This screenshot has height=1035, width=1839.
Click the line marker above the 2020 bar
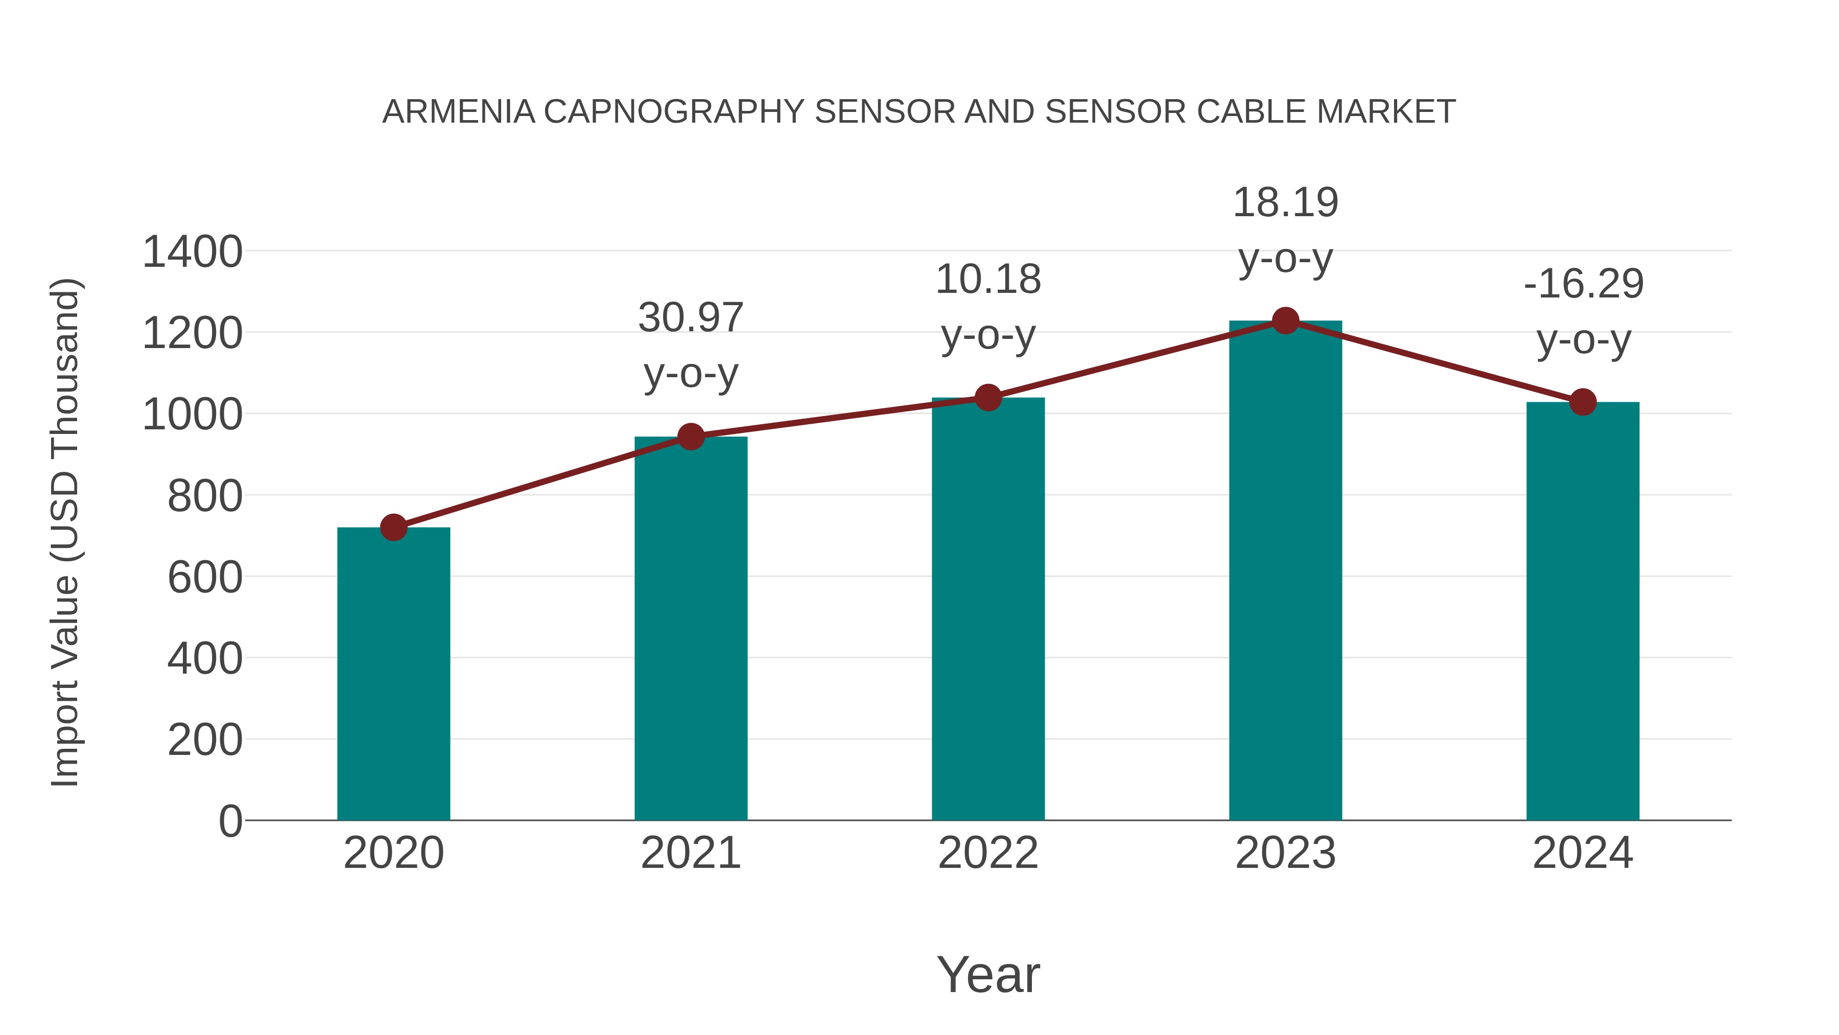[x=393, y=528]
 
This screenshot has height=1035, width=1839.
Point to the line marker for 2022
[x=988, y=398]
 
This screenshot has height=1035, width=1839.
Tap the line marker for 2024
[x=1583, y=402]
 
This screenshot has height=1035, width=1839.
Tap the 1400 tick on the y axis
[x=192, y=252]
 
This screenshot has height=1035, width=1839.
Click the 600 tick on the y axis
[x=204, y=577]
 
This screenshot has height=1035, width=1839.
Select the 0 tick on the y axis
[x=230, y=821]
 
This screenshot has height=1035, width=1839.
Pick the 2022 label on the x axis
[x=988, y=853]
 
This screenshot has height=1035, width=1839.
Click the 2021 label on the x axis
[x=690, y=853]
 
